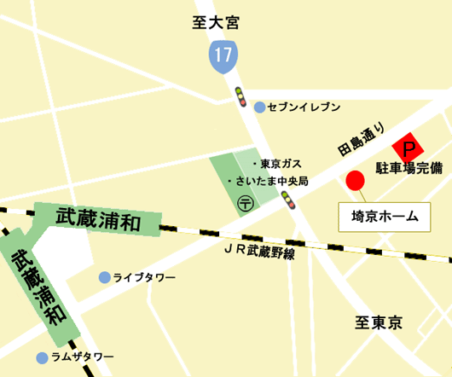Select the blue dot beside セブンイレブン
tap(259, 107)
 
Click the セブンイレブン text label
tap(304, 107)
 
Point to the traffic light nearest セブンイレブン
tap(240, 95)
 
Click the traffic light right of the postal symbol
tap(287, 200)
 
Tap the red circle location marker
tap(355, 180)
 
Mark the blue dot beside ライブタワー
tap(104, 277)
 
